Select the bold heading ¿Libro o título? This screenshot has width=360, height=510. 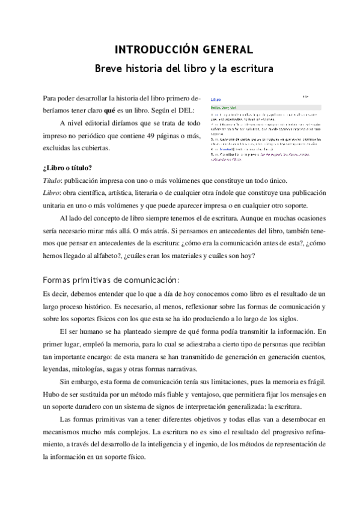[67, 168]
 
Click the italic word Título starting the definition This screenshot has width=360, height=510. [52, 180]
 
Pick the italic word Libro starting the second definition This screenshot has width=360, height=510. [52, 193]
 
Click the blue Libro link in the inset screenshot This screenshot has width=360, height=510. [215, 100]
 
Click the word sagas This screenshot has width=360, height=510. [151, 369]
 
